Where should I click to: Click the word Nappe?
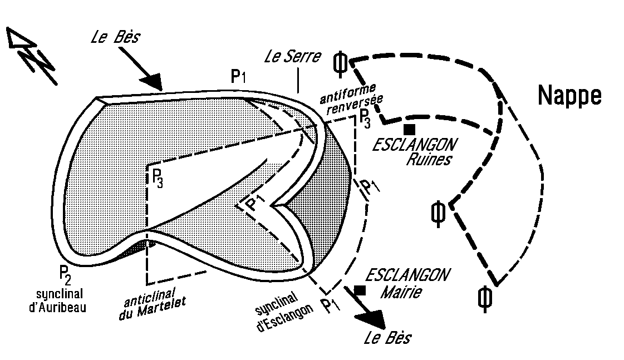(x=569, y=96)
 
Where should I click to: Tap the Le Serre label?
(x=293, y=56)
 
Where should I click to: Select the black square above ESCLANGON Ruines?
(x=410, y=129)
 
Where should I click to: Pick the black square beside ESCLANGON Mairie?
(x=360, y=290)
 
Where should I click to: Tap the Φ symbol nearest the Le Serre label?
(x=340, y=63)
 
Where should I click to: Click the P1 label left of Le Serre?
(x=238, y=77)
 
